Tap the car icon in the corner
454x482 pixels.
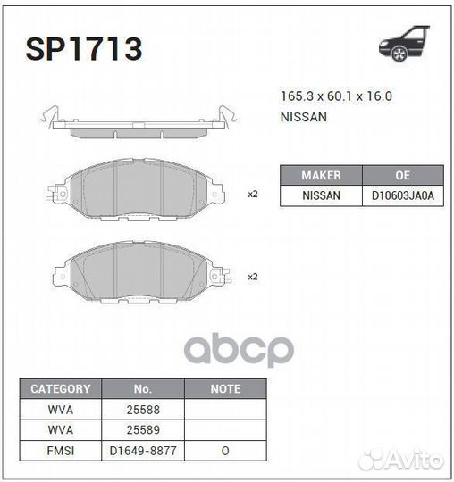(x=407, y=46)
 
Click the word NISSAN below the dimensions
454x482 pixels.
(x=304, y=117)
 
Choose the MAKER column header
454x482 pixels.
(x=321, y=175)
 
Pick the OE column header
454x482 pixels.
(x=402, y=175)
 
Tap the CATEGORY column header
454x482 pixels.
(x=61, y=389)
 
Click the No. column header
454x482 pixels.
(x=143, y=389)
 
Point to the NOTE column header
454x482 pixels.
(x=225, y=389)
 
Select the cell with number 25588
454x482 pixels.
(x=143, y=410)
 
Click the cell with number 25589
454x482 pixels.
(x=143, y=430)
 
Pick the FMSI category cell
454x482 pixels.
(x=61, y=451)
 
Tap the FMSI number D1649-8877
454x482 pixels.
(x=143, y=451)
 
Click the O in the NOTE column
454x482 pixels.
(x=225, y=451)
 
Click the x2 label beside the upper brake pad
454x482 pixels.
(x=252, y=194)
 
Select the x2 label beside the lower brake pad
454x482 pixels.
(x=252, y=277)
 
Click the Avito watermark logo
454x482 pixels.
(x=401, y=460)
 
